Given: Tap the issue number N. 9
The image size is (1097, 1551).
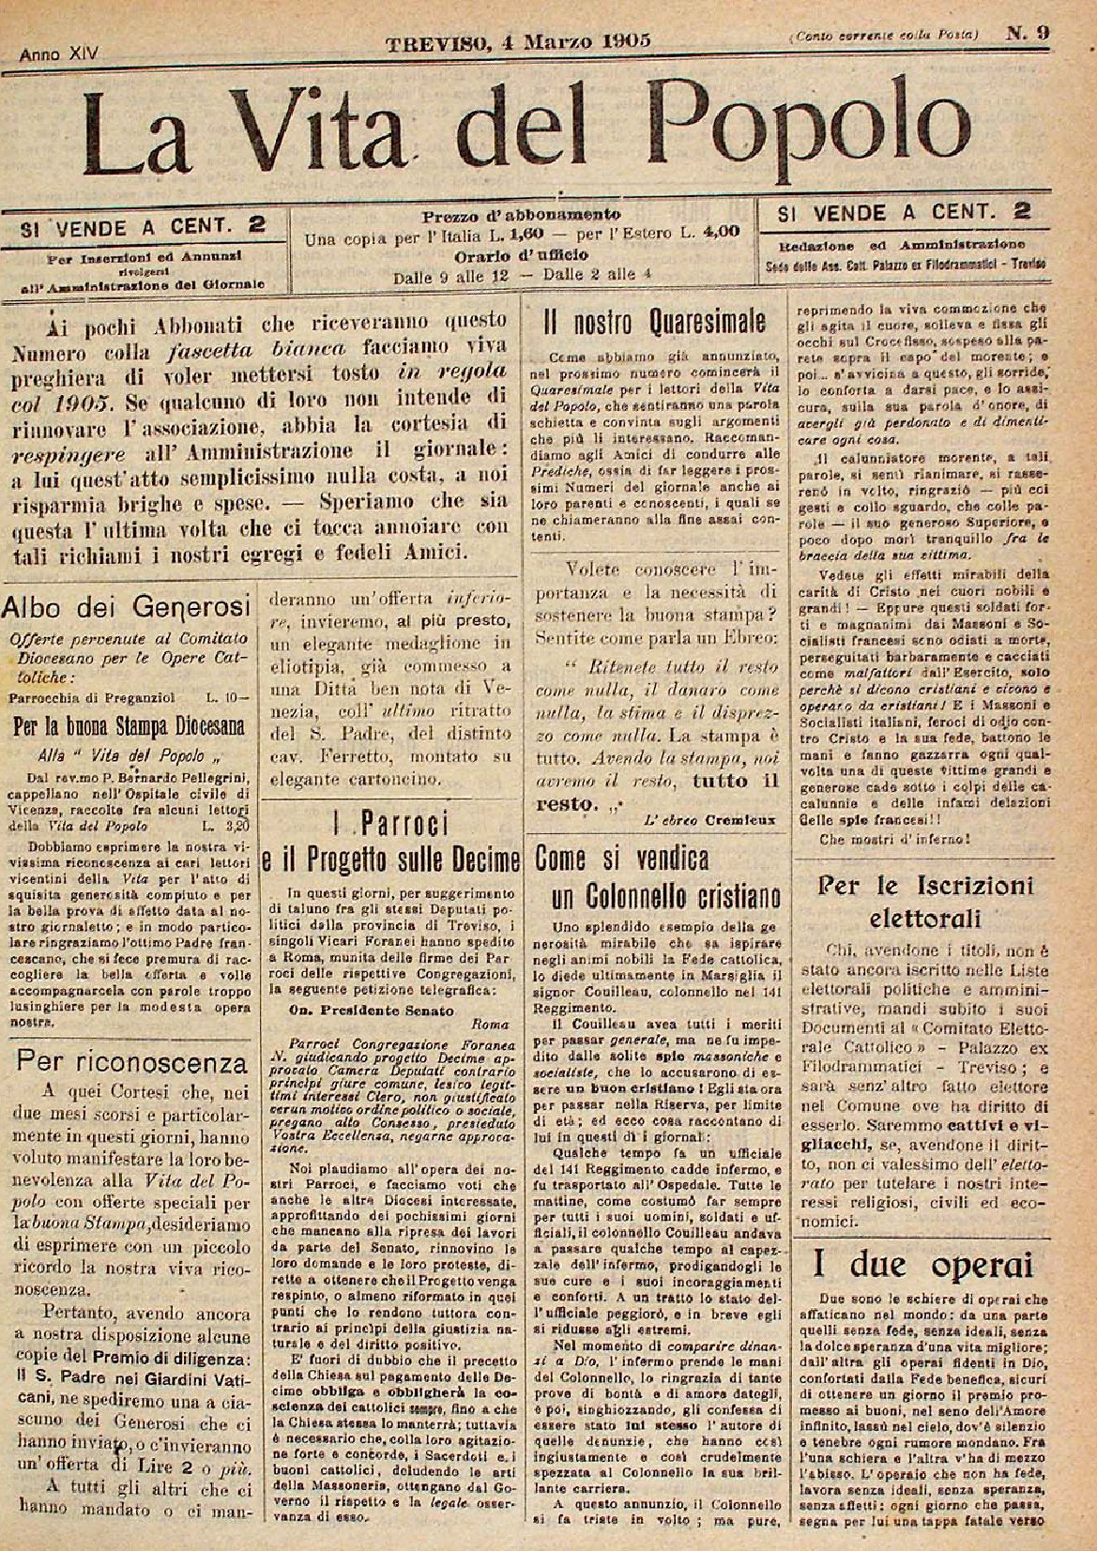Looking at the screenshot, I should pyautogui.click(x=1028, y=33).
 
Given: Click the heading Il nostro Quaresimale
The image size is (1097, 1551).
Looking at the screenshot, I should pyautogui.click(x=655, y=324).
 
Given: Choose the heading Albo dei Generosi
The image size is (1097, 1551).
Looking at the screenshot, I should pyautogui.click(x=125, y=606).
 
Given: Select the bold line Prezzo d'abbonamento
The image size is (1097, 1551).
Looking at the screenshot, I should pyautogui.click(x=521, y=214).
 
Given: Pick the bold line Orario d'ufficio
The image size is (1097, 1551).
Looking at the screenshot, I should pyautogui.click(x=521, y=255).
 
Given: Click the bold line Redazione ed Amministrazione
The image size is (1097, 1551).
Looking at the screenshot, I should pyautogui.click(x=901, y=244).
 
